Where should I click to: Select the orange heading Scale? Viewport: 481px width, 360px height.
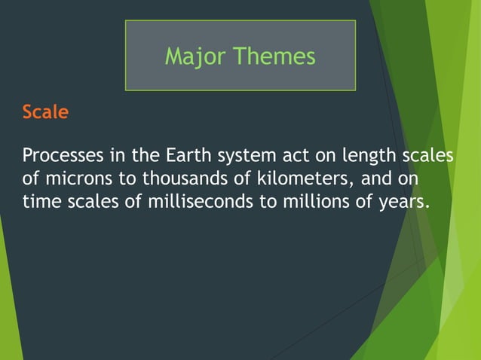click(x=45, y=113)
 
